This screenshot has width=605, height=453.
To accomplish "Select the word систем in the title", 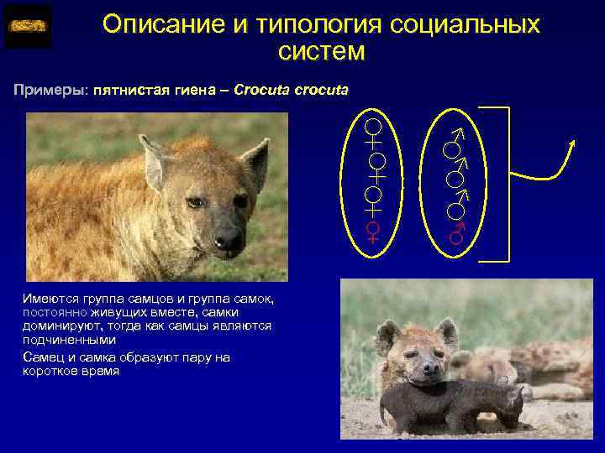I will (x=321, y=52).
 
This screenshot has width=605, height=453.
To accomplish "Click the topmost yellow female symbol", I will (x=374, y=131).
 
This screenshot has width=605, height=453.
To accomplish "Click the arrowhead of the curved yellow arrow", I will (x=573, y=144).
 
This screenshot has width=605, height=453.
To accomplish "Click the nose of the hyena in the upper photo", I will (x=228, y=241).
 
